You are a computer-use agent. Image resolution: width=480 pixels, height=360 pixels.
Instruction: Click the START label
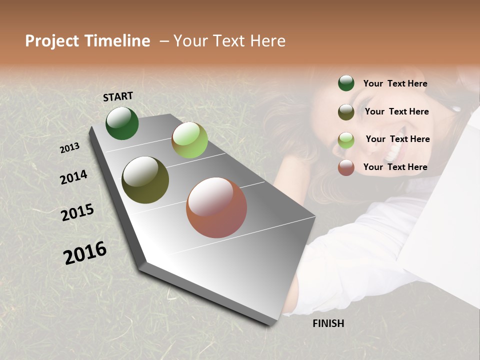coord(118,96)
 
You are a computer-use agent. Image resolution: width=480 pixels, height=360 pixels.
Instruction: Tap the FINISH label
coord(328,323)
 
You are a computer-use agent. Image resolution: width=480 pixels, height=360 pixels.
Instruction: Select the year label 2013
coord(69,148)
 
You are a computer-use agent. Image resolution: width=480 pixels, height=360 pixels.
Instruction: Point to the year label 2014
coord(73,177)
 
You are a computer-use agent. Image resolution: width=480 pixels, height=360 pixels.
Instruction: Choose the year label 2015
coord(77,212)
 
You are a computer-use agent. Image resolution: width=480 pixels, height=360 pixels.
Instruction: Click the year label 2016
coord(85,253)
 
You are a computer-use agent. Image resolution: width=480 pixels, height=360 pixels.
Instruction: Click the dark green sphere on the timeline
coord(122,123)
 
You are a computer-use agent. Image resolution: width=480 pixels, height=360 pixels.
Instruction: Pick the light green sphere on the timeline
coord(189,140)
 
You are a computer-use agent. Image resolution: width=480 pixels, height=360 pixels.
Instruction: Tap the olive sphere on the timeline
coord(145,180)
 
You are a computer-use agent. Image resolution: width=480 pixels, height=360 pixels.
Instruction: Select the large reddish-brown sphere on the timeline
coord(216,207)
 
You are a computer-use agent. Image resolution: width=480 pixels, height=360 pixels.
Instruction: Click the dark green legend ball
coord(346,83)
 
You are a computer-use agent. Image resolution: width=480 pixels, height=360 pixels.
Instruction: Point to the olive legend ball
coord(346,111)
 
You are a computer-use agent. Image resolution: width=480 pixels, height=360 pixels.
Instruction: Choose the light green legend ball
coord(346,139)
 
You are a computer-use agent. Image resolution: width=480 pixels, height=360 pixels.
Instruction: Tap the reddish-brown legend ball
coord(346,167)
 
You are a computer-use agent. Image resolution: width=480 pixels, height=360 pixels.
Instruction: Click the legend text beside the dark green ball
coord(395,83)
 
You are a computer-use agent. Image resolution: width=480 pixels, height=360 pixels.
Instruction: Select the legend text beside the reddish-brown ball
coord(395,167)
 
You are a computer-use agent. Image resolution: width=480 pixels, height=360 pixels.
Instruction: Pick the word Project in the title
coord(52,41)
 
